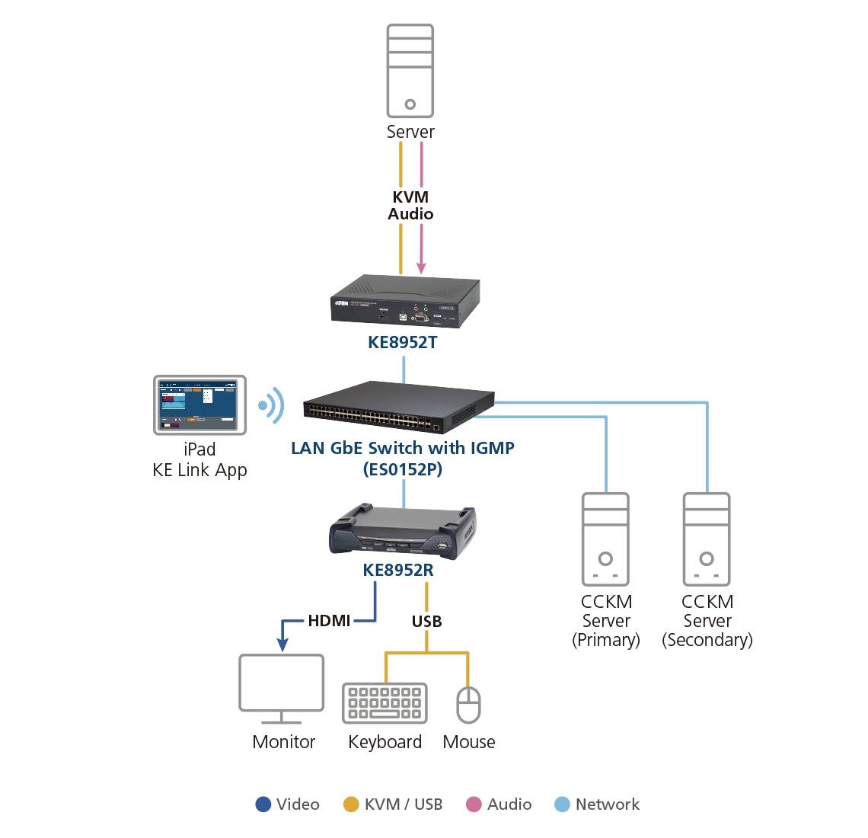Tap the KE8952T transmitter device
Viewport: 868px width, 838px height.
coord(404,303)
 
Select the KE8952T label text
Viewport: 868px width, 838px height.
coord(402,342)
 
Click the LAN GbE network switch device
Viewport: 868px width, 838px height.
coord(398,405)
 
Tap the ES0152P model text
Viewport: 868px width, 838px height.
coord(402,469)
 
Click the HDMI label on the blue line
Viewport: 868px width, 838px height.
coord(329,621)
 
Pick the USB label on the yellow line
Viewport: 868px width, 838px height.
coord(426,622)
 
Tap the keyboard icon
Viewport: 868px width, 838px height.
coord(385,702)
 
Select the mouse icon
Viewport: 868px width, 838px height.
coord(468,704)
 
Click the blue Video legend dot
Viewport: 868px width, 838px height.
coord(263,804)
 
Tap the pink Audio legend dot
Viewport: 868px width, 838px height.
coord(474,804)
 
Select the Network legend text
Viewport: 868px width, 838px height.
coord(607,804)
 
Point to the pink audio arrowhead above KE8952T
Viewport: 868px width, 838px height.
coord(421,268)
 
